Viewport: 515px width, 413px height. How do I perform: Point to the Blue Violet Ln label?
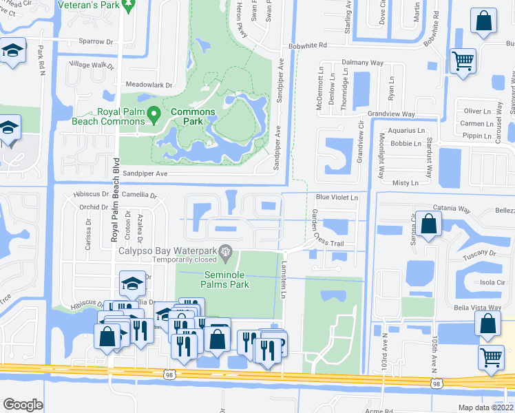[337, 198]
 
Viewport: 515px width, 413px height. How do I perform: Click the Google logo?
[23, 405]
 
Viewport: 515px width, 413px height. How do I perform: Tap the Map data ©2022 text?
[485, 407]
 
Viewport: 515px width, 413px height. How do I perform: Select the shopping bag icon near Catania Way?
[428, 224]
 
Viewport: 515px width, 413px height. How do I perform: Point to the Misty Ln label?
[405, 182]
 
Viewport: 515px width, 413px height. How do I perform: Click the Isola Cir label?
[492, 282]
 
